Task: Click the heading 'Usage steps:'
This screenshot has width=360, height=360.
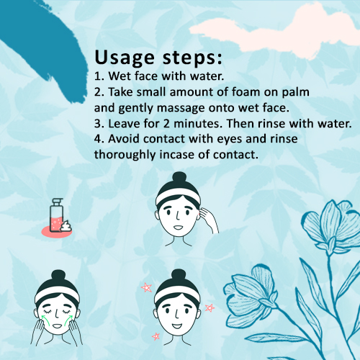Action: (158, 58)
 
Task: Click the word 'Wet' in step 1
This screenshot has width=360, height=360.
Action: (120, 76)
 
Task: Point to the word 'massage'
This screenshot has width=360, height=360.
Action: (181, 109)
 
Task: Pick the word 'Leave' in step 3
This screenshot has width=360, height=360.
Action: (124, 124)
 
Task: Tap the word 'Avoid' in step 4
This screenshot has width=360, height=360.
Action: (124, 139)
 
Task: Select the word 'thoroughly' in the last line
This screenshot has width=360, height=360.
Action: (125, 155)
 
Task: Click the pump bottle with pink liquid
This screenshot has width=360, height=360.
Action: (57, 215)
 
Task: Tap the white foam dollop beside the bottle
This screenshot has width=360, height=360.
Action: (66, 226)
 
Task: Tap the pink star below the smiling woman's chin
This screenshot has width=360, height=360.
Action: (156, 336)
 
